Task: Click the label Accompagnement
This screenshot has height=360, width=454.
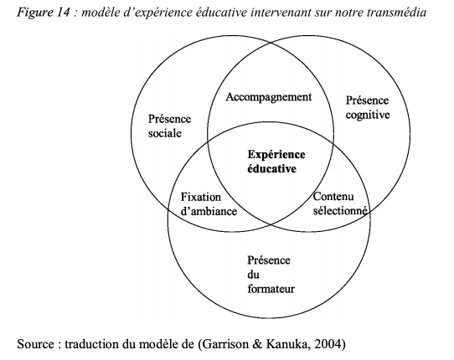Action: click(268, 97)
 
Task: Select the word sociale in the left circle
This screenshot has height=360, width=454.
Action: click(165, 133)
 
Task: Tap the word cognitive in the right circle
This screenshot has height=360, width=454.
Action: click(368, 116)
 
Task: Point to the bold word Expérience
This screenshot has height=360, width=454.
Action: click(276, 155)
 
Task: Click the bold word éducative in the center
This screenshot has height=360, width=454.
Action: click(272, 169)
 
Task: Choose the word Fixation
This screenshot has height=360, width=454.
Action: click(201, 197)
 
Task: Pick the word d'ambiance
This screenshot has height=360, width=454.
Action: click(209, 211)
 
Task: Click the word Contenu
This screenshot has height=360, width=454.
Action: click(333, 197)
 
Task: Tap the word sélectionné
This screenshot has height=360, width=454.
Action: click(340, 210)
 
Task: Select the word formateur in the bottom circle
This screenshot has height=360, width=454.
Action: click(271, 289)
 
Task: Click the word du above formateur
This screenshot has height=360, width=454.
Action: click(253, 275)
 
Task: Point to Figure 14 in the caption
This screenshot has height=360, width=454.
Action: click(44, 13)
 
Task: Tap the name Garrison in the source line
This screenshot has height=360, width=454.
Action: click(225, 344)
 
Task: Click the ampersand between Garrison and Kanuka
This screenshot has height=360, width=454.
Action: click(257, 344)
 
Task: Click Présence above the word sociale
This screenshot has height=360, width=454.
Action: click(169, 119)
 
